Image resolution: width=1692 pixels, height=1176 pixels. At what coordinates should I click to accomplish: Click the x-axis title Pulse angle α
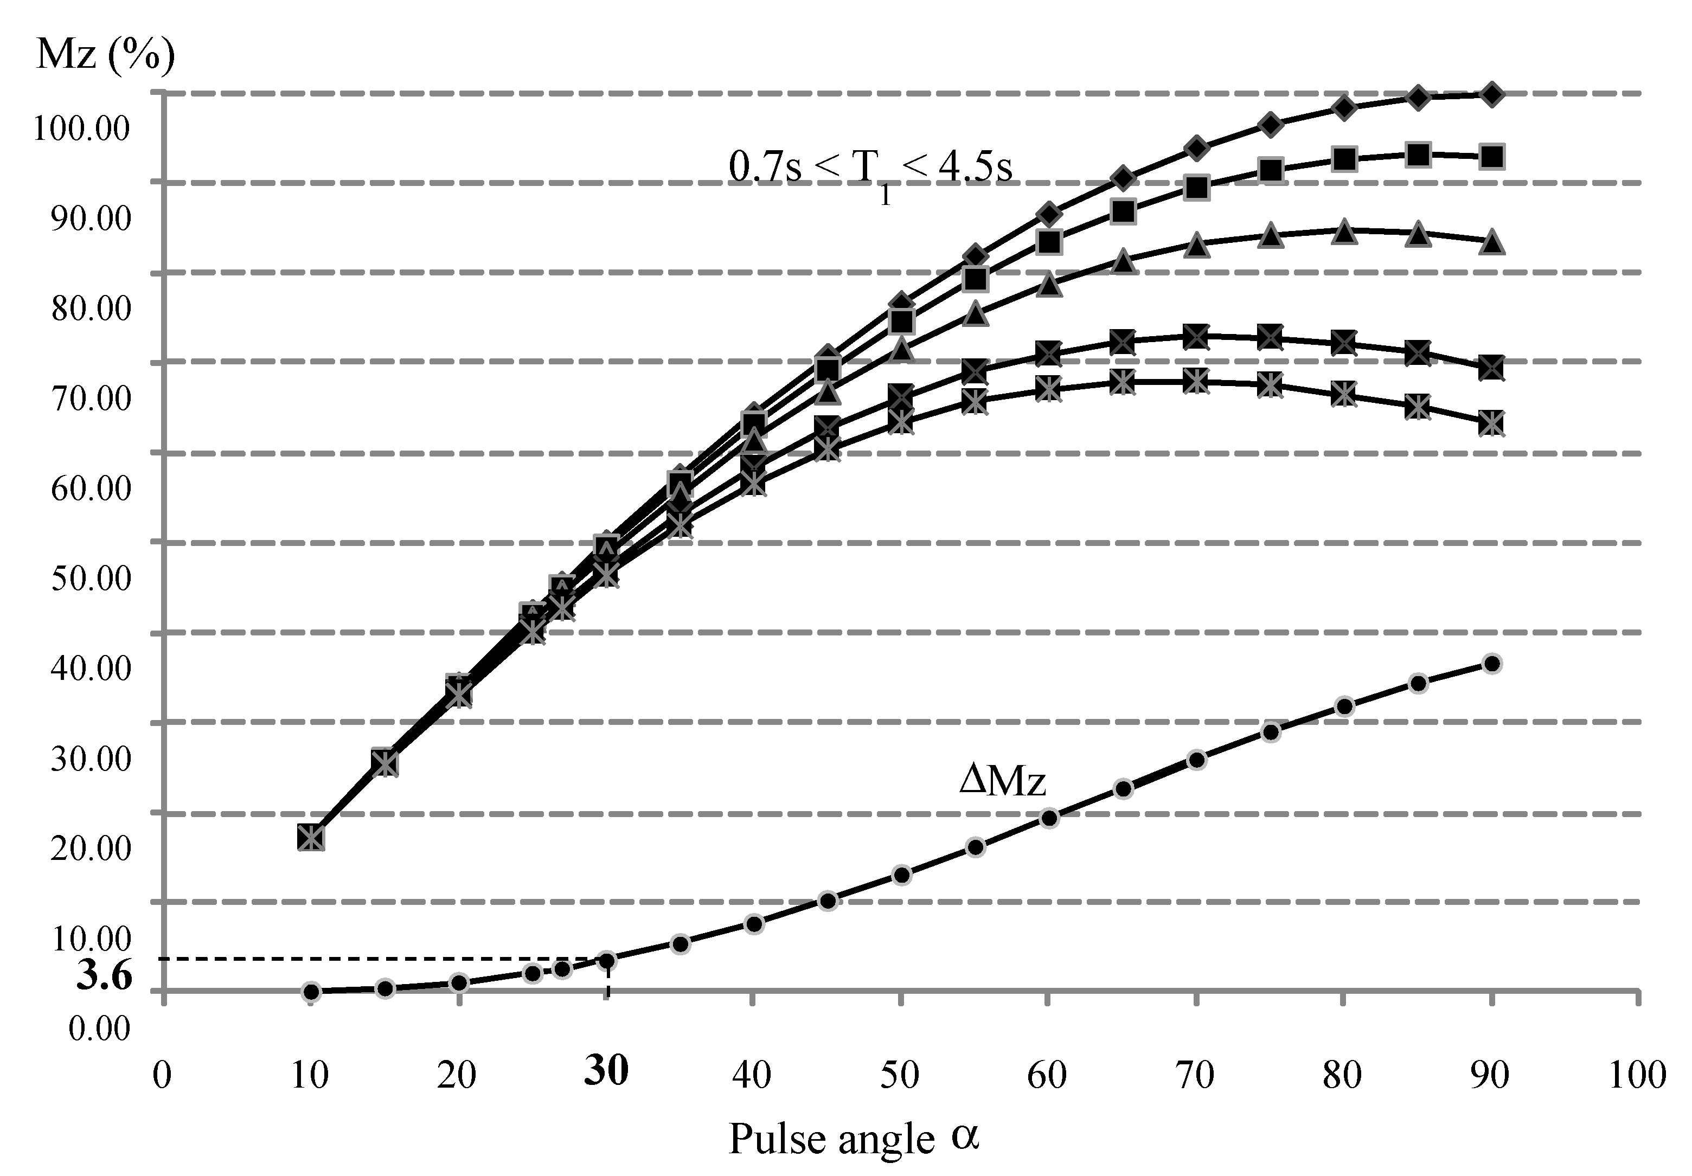(x=854, y=1139)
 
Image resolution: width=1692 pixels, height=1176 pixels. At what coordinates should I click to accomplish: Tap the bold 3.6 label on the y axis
(x=104, y=976)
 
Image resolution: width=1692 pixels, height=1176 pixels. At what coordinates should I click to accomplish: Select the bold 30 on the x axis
(x=606, y=1069)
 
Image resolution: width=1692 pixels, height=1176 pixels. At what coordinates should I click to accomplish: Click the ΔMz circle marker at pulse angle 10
(x=311, y=991)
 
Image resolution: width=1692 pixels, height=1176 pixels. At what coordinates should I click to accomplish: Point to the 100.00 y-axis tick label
(x=82, y=129)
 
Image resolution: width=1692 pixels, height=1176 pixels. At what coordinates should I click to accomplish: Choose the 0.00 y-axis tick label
(x=99, y=1029)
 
